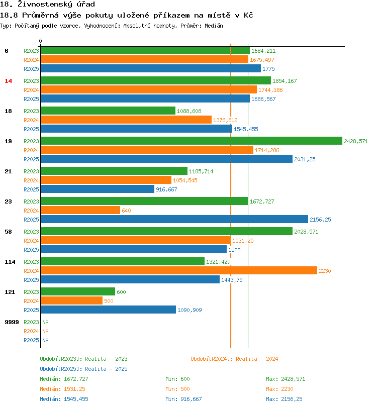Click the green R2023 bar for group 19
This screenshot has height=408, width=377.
click(191, 141)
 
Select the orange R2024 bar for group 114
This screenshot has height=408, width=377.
click(178, 271)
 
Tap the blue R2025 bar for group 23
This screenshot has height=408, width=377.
click(174, 220)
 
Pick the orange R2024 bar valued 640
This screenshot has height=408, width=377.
click(80, 211)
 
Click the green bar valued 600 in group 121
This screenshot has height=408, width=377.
click(77, 292)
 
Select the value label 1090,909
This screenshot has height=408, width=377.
click(190, 310)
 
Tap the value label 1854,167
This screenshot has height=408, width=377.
click(285, 81)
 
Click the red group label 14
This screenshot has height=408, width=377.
click(8, 81)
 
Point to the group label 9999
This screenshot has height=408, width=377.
click(12, 322)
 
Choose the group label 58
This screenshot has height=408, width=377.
click(8, 232)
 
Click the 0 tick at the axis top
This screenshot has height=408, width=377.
click(41, 41)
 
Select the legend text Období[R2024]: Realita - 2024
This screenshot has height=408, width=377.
click(234, 359)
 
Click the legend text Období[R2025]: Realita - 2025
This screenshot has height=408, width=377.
click(83, 369)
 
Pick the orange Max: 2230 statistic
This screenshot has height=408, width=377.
click(279, 389)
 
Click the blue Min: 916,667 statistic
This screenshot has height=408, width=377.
click(183, 399)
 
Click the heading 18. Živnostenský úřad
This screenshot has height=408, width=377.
click(48, 5)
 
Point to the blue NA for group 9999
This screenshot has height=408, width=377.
click(45, 340)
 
